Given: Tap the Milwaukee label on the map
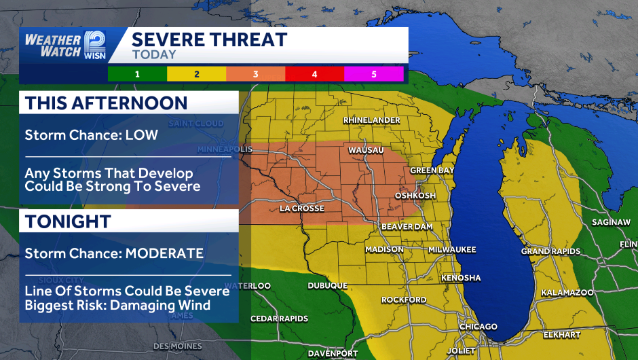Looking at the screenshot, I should tap(452, 250).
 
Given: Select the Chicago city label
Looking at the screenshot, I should tap(478, 327).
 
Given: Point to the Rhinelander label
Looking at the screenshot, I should tap(371, 120).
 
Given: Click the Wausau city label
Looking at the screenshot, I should tap(366, 149).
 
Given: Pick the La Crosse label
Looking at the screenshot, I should tap(302, 209).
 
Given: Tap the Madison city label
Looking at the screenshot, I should tap(384, 250).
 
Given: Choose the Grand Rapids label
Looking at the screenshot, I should tap(550, 252).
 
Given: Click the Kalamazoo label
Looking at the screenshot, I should tap(567, 293).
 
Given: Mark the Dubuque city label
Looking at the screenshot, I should tap(327, 286).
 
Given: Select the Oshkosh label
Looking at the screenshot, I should tap(415, 196).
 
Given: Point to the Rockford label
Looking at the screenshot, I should tap(404, 300).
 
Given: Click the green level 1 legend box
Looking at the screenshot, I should tap(137, 73).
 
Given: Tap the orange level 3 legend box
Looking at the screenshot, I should tap(256, 73).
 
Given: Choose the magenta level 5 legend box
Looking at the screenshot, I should tap(374, 73).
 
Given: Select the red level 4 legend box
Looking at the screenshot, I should tap(315, 73).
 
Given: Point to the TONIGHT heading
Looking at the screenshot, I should tap(68, 221).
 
